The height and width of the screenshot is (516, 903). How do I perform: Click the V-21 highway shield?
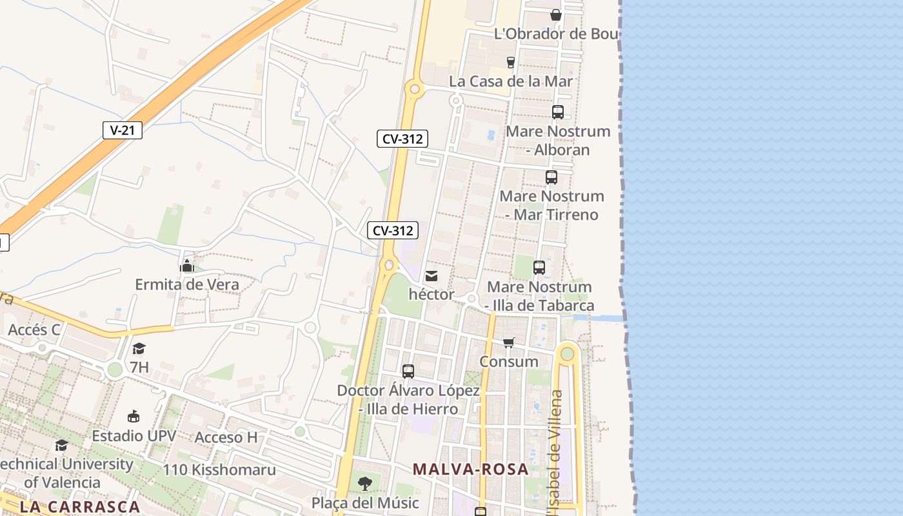[x=123, y=130]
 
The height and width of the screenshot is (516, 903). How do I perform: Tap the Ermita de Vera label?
[x=187, y=284]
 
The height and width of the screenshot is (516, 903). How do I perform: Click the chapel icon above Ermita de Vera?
[x=187, y=265]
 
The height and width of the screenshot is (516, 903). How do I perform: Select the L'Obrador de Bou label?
[x=556, y=34]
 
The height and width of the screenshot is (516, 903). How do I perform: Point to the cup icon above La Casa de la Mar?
[x=511, y=62]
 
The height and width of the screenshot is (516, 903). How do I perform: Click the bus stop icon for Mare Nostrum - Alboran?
[x=558, y=112]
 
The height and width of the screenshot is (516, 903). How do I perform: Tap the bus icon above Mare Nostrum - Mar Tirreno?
[x=551, y=177]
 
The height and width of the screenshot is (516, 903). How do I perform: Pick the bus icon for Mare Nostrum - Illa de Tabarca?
[x=539, y=267]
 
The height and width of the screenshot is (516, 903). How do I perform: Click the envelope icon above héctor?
[x=432, y=276]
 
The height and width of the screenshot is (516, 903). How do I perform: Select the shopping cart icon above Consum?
[x=509, y=342]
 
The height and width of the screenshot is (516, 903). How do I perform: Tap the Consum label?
[x=509, y=361]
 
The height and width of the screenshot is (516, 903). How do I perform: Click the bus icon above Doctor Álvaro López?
[x=408, y=372]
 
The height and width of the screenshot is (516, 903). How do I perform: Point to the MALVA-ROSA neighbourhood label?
[x=471, y=470]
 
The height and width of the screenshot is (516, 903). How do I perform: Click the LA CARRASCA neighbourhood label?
[x=80, y=506]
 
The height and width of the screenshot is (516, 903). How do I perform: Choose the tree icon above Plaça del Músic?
[x=365, y=484]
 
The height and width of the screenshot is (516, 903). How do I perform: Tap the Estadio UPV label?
[x=134, y=436]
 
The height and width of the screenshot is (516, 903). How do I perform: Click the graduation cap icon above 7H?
[x=139, y=349]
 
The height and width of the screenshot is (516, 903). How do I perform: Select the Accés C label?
[x=34, y=330]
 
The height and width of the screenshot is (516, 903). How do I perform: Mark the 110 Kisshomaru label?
[x=219, y=470]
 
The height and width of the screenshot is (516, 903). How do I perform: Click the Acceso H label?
[x=226, y=437]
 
